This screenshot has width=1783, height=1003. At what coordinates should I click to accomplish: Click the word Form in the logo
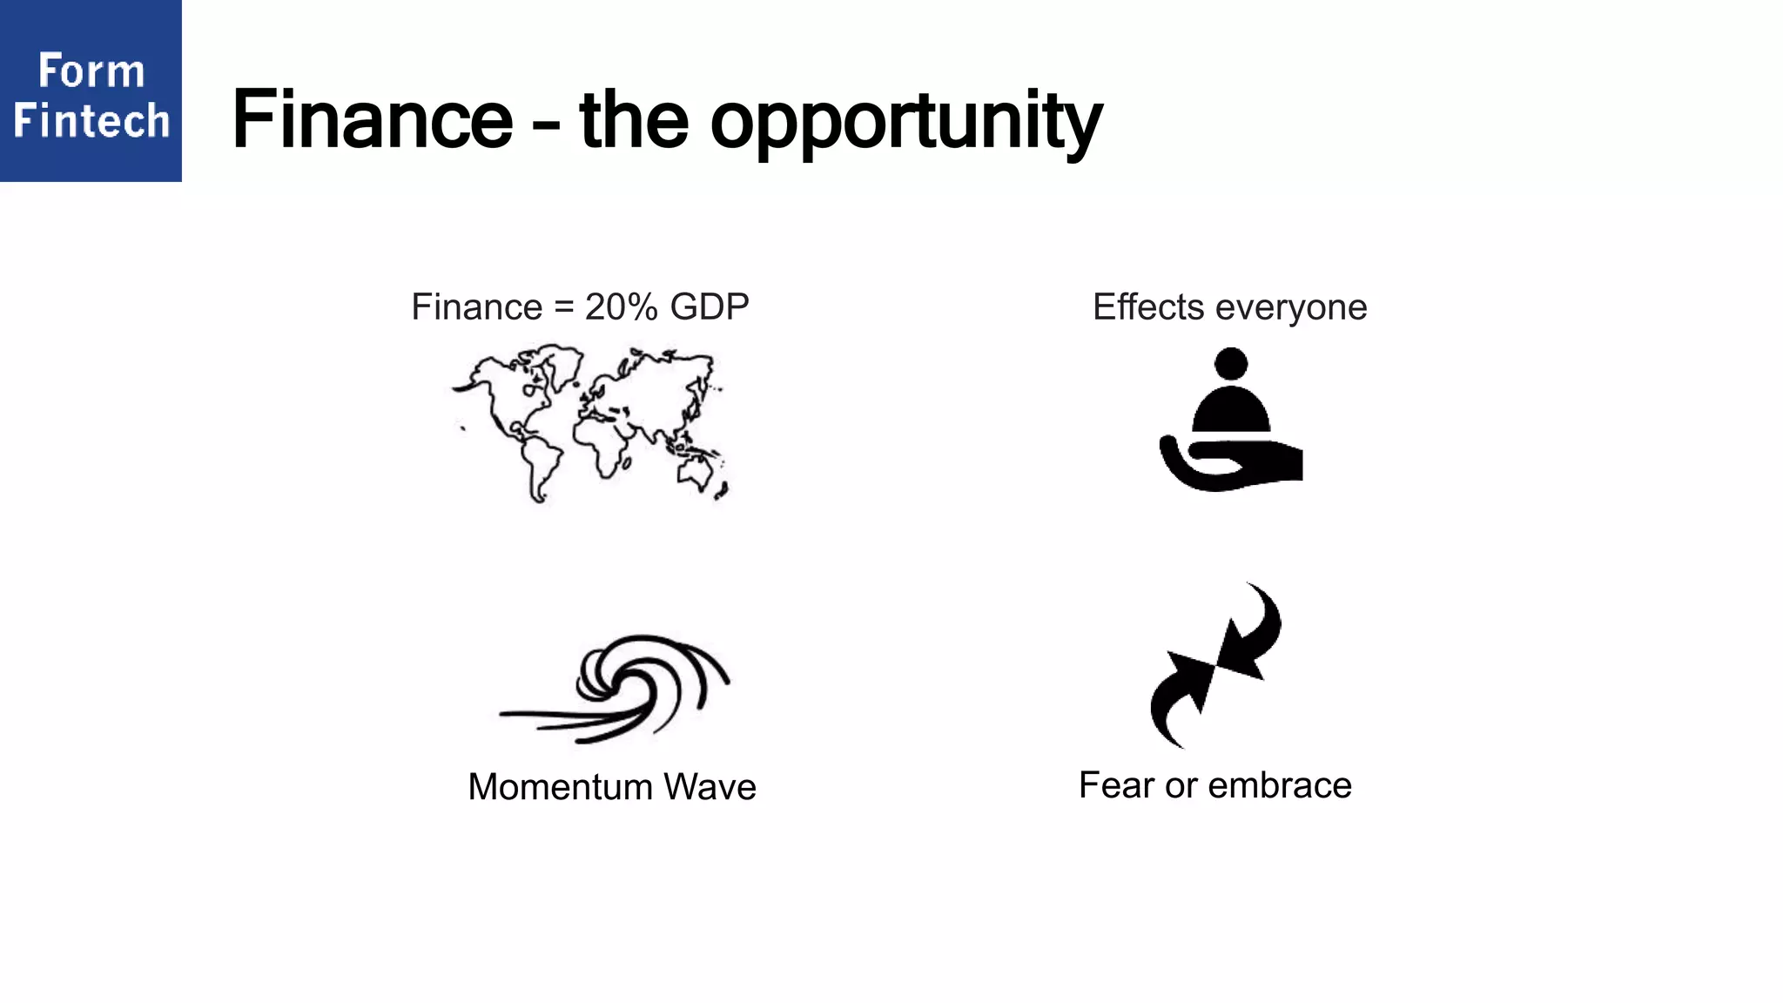click(91, 71)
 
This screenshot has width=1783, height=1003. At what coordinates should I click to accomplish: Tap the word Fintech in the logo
click(91, 120)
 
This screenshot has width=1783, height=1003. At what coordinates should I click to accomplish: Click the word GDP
click(710, 307)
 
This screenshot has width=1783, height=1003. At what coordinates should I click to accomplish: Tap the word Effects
click(1148, 307)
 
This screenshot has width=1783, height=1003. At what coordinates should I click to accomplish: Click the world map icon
click(589, 423)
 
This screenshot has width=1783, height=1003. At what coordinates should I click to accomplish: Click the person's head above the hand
click(1230, 364)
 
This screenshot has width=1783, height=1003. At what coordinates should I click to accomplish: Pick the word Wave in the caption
click(710, 787)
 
